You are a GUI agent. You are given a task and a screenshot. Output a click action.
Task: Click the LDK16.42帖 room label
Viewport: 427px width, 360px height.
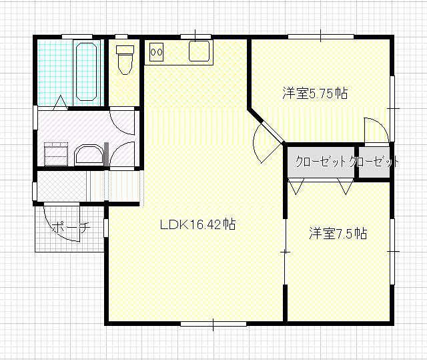click(x=197, y=224)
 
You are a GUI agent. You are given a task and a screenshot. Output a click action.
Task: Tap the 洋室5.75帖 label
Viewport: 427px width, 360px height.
click(x=315, y=94)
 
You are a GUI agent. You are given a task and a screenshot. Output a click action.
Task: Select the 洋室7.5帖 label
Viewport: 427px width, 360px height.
click(x=338, y=233)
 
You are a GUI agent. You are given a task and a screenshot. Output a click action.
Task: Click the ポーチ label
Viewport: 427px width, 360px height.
click(x=71, y=227)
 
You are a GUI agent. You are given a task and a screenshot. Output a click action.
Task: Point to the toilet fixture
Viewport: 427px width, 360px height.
click(x=125, y=59)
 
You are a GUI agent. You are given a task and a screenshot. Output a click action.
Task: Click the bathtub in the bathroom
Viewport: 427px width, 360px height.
click(x=87, y=71)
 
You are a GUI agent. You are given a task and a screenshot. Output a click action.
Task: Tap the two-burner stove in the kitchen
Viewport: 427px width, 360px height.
click(x=156, y=52)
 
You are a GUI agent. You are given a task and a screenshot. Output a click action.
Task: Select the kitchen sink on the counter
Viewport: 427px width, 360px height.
click(x=199, y=51)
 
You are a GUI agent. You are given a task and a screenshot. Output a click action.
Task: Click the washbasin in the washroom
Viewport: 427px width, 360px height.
click(x=89, y=156)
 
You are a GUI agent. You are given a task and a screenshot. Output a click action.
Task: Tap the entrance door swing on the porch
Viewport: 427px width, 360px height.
click(x=62, y=222)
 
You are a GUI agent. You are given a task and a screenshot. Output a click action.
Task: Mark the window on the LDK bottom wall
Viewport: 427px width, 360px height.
click(x=213, y=324)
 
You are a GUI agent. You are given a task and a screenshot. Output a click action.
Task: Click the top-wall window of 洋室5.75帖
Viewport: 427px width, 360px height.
click(x=321, y=37)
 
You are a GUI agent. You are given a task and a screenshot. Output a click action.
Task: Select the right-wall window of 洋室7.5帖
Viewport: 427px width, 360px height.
click(x=392, y=251)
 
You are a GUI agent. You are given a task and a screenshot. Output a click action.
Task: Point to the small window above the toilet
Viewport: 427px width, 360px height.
click(x=121, y=37)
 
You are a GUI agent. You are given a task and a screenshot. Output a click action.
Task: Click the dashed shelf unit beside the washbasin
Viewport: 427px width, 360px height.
click(x=56, y=154)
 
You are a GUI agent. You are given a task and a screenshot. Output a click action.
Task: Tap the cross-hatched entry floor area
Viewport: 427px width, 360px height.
click(x=62, y=186)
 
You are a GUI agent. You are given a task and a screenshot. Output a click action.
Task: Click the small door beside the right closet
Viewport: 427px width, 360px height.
click(x=376, y=130)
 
